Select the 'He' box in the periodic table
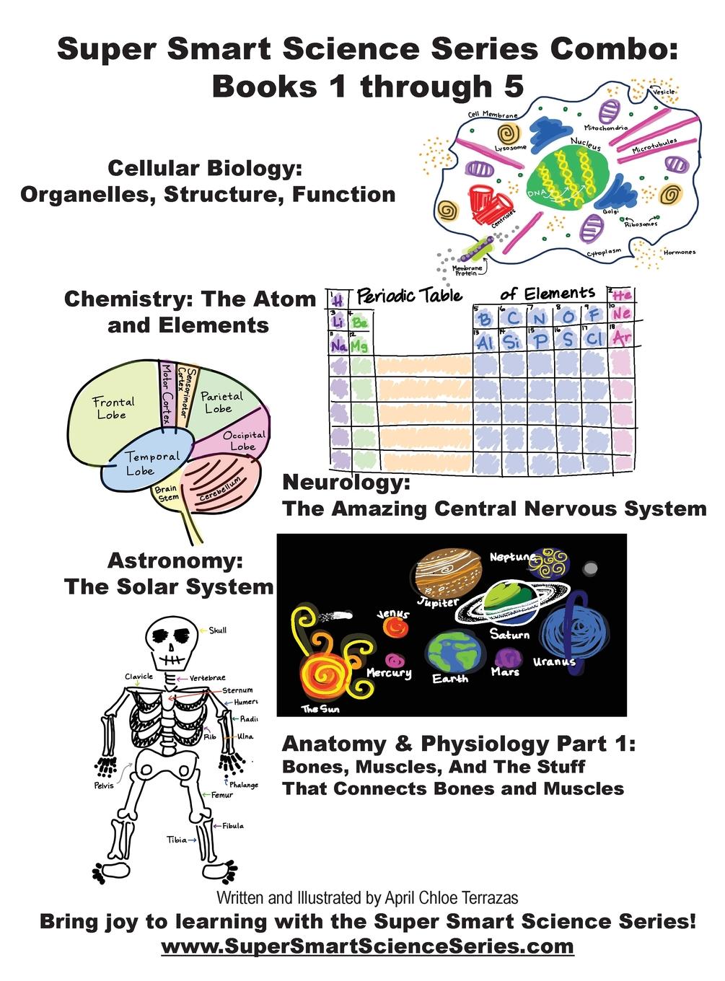point(621,296)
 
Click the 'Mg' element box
point(359,346)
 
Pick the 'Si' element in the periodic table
point(511,341)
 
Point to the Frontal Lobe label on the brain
point(113,408)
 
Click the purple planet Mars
point(507,658)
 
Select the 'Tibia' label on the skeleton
point(177,840)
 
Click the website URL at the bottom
point(367,946)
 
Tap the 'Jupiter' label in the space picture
point(438,602)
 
